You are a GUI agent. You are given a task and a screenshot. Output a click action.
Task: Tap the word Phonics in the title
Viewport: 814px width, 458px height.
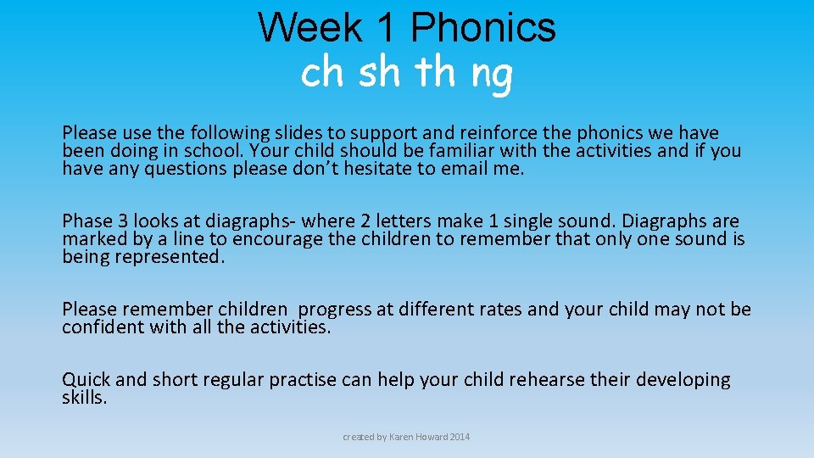coord(482,27)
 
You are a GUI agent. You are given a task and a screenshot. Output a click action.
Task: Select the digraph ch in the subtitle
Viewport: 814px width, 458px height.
coord(321,74)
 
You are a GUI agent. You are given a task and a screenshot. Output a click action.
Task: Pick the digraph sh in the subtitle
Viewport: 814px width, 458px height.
coord(379,74)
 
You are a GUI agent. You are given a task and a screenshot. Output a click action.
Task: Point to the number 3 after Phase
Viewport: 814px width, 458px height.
coord(122,221)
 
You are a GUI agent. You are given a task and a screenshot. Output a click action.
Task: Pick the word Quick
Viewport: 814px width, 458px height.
coord(86,380)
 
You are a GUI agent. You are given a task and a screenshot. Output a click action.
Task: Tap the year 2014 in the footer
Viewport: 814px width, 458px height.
coord(459,437)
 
